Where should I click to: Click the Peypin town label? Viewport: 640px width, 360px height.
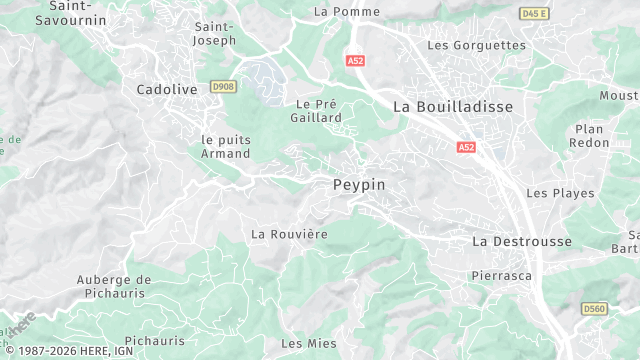tap(358, 185)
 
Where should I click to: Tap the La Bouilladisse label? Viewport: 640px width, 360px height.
tap(453, 106)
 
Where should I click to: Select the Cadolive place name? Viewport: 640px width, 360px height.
tap(166, 89)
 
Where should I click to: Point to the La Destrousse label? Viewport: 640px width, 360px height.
tap(522, 241)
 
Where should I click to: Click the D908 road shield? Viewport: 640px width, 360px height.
tap(223, 88)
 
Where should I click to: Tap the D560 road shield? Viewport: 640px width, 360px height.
tap(594, 309)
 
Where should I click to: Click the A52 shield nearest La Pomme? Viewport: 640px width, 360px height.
tap(355, 61)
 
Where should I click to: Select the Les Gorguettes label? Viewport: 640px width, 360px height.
tap(476, 45)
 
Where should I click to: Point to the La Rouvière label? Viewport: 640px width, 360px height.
tap(289, 234)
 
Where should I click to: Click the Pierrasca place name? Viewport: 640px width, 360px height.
tap(501, 274)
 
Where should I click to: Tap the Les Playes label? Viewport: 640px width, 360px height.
tap(560, 193)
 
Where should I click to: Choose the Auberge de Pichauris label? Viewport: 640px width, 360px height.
tap(114, 286)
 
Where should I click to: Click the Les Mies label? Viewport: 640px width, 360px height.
tap(309, 343)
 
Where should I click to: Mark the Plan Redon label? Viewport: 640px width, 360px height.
tap(590, 136)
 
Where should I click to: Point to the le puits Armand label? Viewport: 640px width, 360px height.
tap(226, 146)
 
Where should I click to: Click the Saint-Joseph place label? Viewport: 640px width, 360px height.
tap(215, 33)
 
